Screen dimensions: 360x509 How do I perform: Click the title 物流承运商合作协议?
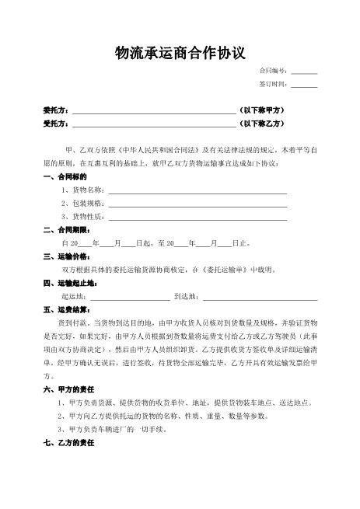coord(180,52)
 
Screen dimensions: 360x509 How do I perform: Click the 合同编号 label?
coord(274,71)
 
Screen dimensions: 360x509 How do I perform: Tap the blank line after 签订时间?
coord(304,84)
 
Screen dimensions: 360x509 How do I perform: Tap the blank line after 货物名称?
coord(197,190)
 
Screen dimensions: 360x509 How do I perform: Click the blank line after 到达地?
coord(260,296)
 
